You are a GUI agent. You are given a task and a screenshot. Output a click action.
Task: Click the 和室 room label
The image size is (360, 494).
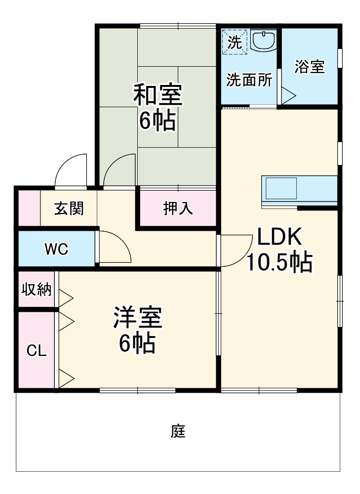point(158,95)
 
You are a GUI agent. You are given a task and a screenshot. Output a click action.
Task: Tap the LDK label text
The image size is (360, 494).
point(279,238)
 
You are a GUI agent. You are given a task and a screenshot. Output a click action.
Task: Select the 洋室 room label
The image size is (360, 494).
point(138,318)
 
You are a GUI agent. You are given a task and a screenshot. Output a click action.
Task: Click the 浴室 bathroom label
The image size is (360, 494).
point(310,67)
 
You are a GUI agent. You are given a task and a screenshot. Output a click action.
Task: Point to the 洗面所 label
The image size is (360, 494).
point(249,81)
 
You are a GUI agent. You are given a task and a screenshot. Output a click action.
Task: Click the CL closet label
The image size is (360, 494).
point(36,351)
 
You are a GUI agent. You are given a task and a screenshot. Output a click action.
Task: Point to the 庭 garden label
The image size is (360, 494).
point(178,431)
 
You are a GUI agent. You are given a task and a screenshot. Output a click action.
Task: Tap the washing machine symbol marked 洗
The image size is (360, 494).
point(235,41)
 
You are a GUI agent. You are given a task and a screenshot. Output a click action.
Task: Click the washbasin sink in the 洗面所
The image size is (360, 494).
point(265,41)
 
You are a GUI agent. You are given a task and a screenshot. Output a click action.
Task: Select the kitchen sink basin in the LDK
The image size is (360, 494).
point(281,188)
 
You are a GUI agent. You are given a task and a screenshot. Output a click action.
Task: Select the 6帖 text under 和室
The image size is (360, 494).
point(157,121)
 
